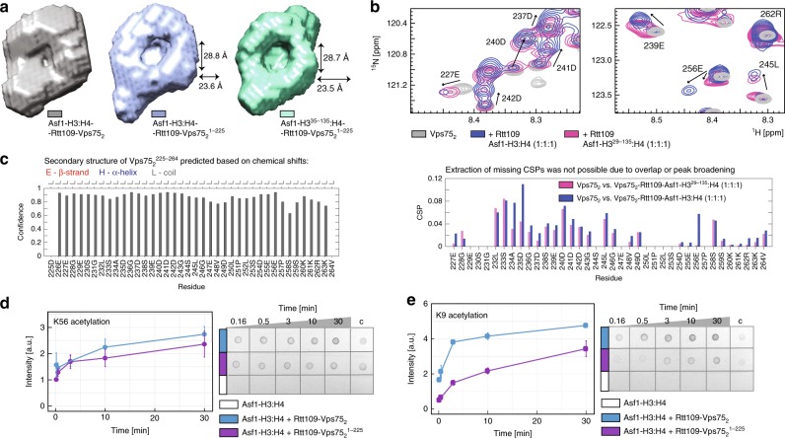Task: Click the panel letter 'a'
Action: click(x=5, y=7)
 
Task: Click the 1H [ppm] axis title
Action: click(x=759, y=125)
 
